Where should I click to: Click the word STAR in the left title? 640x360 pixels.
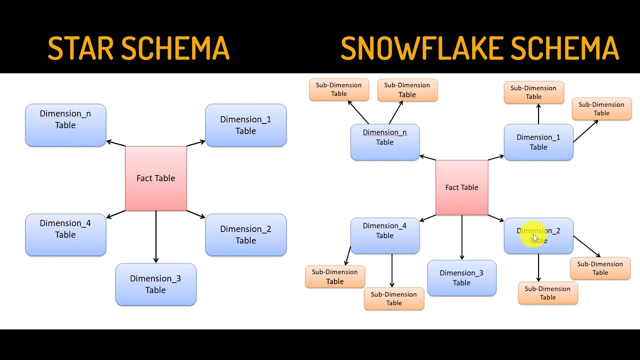(x=82, y=48)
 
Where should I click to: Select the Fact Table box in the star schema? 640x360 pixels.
(x=155, y=178)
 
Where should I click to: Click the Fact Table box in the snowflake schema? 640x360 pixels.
(x=461, y=187)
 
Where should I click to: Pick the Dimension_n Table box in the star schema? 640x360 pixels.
(x=65, y=125)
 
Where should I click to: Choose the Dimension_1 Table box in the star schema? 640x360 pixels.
(x=245, y=125)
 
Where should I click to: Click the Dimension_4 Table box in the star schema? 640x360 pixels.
(x=65, y=234)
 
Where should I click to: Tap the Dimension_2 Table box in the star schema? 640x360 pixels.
(x=245, y=234)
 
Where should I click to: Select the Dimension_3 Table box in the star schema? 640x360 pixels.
(x=155, y=284)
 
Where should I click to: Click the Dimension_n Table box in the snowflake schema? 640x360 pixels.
(x=384, y=142)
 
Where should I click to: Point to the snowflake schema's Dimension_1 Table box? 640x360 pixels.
(x=538, y=142)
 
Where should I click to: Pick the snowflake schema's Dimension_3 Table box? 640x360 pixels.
(x=461, y=278)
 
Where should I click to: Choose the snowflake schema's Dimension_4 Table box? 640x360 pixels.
(x=384, y=235)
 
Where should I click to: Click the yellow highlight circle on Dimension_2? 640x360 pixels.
(x=533, y=235)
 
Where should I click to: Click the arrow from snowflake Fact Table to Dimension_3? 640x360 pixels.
(x=461, y=237)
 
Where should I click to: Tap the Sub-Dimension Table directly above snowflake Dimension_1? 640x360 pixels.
(x=533, y=92)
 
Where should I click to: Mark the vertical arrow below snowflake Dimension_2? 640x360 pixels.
(x=538, y=267)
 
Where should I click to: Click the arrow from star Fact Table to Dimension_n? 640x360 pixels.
(x=116, y=143)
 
